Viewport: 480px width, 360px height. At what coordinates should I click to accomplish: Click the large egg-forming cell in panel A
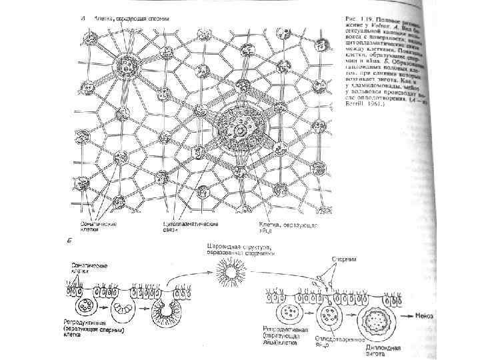239,128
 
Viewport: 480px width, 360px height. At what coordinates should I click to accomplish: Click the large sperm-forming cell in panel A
125,65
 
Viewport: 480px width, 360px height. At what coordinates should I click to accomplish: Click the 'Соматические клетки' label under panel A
100,227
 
